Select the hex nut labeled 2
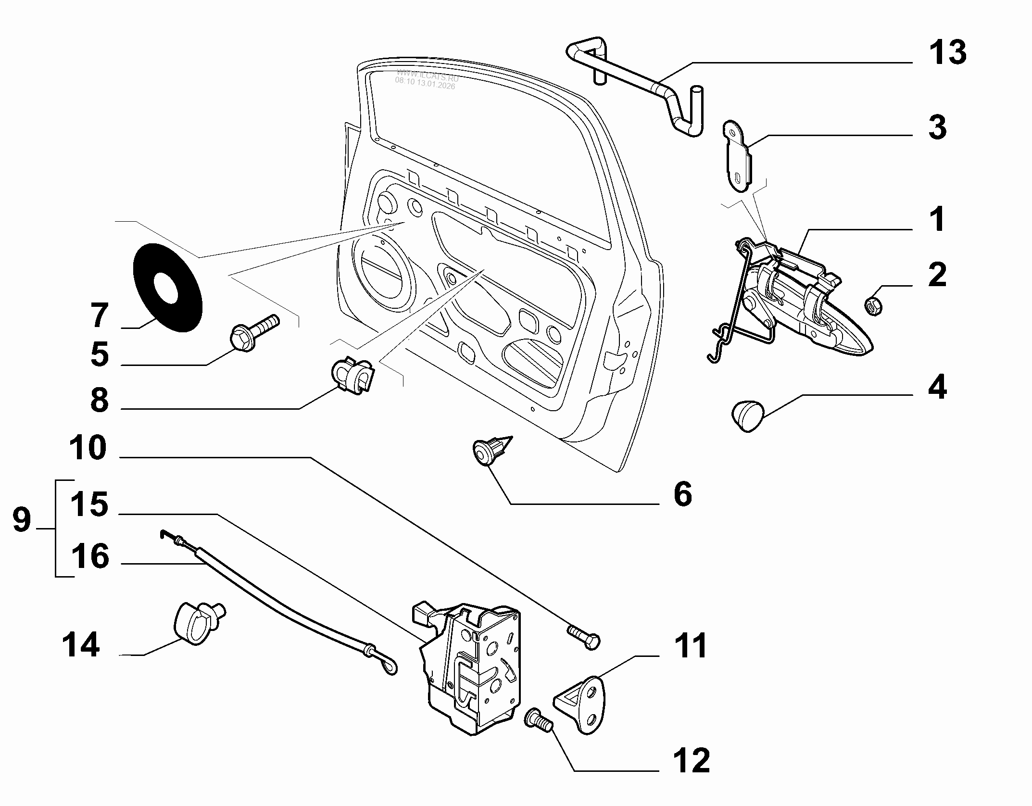pos(873,306)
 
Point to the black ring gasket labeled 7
pos(167,287)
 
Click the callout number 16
pos(90,556)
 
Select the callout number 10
pos(88,448)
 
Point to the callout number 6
pos(682,494)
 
